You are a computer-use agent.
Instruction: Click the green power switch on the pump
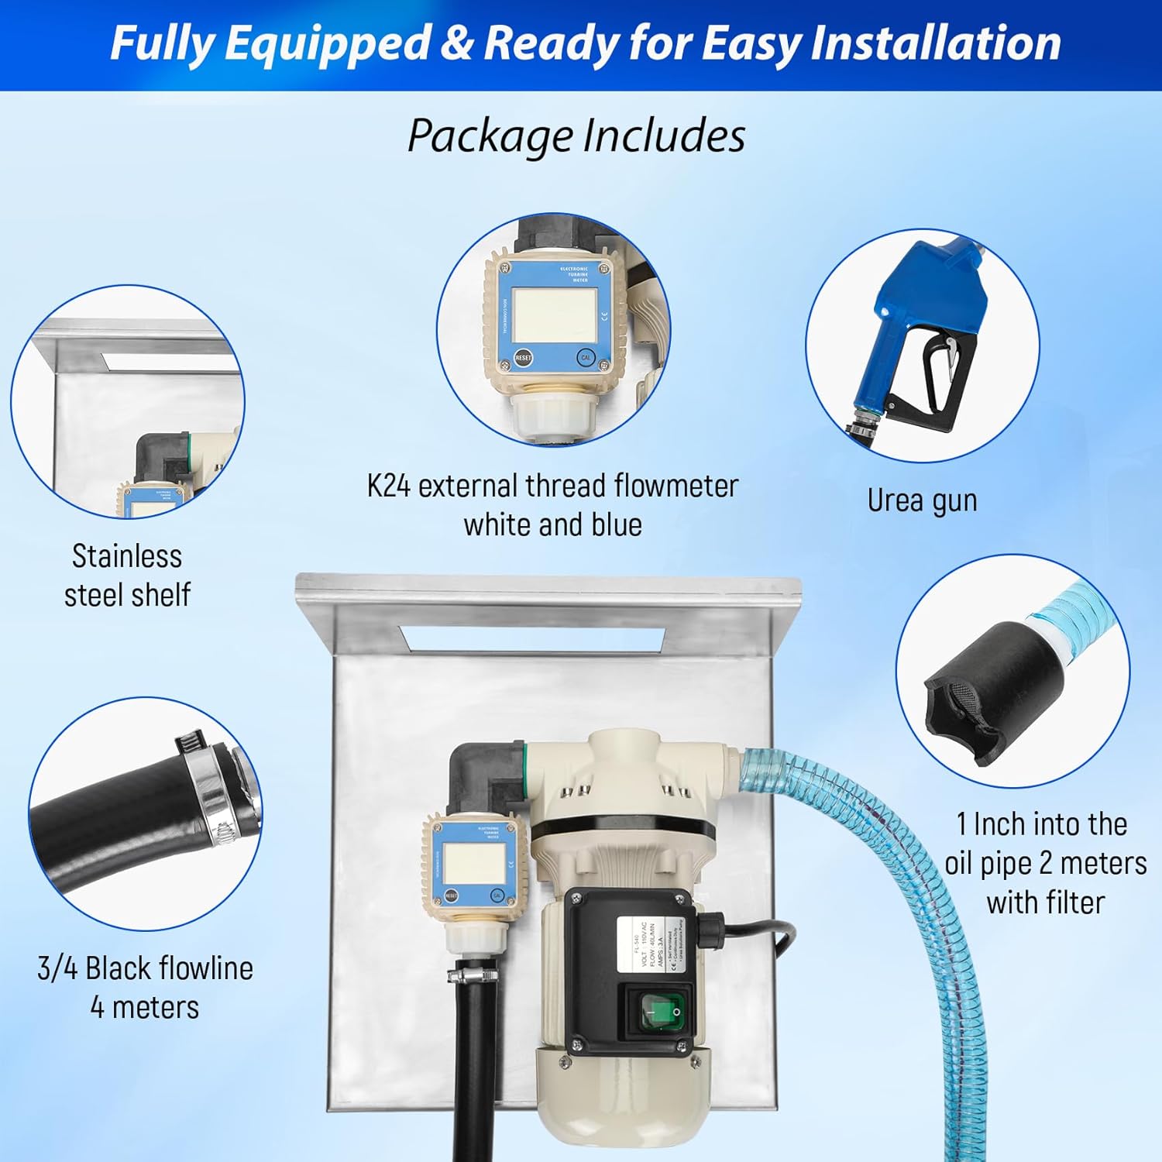pyautogui.click(x=662, y=1011)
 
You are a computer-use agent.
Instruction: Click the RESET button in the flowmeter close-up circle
pyautogui.click(x=523, y=358)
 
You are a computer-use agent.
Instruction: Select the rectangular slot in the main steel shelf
pyautogui.click(x=531, y=638)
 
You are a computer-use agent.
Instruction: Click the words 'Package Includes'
pyautogui.click(x=576, y=136)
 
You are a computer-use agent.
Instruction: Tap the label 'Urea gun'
pyautogui.click(x=922, y=500)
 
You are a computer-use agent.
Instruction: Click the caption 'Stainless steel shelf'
pyautogui.click(x=127, y=576)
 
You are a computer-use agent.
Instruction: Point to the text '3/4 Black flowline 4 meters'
pyautogui.click(x=145, y=987)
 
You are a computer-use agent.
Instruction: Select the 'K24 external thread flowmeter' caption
pyautogui.click(x=552, y=486)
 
